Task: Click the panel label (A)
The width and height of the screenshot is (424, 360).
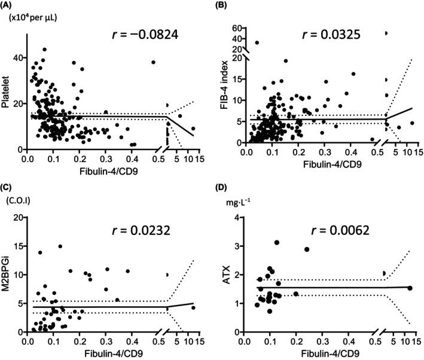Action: click(10, 5)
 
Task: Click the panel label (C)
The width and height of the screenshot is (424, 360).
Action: click(10, 187)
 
